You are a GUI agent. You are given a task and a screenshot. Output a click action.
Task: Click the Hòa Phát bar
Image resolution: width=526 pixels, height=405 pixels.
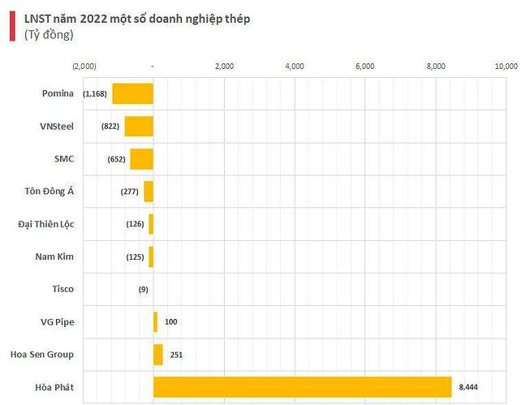[x=302, y=387]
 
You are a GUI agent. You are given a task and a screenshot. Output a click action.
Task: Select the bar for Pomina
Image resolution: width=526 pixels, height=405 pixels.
[x=132, y=93]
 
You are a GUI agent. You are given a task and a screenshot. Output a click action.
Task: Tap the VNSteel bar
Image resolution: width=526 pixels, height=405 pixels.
[x=139, y=127]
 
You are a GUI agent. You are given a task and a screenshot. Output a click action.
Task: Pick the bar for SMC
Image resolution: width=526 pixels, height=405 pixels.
[x=141, y=159]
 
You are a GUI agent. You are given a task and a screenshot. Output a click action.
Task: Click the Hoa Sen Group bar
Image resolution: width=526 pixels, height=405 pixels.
[x=157, y=355]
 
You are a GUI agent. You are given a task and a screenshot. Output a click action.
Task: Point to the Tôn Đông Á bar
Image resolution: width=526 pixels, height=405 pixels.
[x=149, y=192]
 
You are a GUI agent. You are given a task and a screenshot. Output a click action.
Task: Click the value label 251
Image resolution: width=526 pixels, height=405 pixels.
[x=176, y=355]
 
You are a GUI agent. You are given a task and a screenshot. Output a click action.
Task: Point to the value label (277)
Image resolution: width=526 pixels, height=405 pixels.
[x=130, y=192]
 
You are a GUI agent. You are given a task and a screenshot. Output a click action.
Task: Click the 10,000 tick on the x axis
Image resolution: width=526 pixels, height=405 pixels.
[x=506, y=67]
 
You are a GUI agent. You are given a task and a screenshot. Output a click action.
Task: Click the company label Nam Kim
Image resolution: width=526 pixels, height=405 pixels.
[x=54, y=256]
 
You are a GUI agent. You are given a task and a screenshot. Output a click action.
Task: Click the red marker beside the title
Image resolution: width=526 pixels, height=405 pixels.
[x=11, y=26]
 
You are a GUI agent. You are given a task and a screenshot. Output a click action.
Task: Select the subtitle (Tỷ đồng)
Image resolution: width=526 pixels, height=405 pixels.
[x=49, y=34]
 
